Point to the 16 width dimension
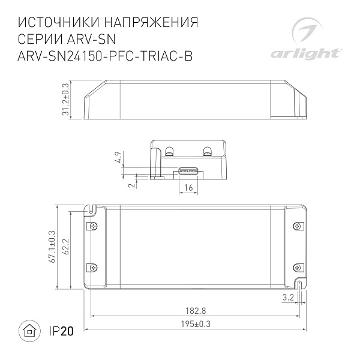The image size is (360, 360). pos(188,188)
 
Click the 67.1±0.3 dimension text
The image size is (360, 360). pos(52,247)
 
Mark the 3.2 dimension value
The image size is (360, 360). pos(288,297)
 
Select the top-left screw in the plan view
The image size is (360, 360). pos(92,226)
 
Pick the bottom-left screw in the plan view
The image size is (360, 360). pos(92,267)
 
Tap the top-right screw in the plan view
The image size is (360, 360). pos(298,226)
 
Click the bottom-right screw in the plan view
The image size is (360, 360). pos(298,267)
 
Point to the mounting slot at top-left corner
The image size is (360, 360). pos(92,210)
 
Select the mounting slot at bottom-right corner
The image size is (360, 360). pos(298,284)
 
